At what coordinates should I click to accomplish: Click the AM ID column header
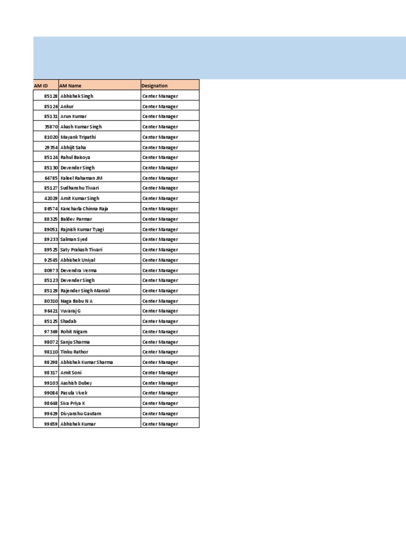click(x=41, y=86)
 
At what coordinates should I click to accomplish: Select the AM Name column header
click(x=71, y=86)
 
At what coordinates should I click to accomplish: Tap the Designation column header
click(x=154, y=86)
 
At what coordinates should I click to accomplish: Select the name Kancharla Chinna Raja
click(x=84, y=209)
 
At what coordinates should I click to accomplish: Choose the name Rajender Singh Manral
click(x=85, y=291)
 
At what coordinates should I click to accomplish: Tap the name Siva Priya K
click(x=73, y=403)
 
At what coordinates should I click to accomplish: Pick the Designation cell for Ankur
click(x=160, y=107)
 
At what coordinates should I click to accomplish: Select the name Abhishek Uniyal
click(x=78, y=260)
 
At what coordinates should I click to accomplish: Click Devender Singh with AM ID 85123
click(x=78, y=281)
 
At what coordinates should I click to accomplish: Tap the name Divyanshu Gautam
click(x=81, y=414)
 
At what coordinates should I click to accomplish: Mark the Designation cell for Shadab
click(x=160, y=321)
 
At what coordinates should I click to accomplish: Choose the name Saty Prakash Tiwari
click(x=82, y=250)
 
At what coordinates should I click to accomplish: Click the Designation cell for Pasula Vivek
click(x=160, y=393)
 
